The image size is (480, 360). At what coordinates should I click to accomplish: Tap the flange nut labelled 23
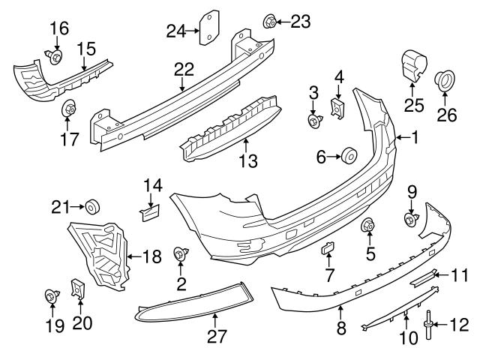click(x=270, y=20)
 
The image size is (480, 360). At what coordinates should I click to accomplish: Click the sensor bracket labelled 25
click(x=413, y=65)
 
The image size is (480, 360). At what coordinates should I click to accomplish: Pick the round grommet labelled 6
click(x=349, y=157)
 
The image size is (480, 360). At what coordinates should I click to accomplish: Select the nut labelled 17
click(x=68, y=109)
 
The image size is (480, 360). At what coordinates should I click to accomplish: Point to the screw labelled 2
click(x=181, y=255)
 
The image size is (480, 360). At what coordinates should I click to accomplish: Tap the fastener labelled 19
click(x=51, y=298)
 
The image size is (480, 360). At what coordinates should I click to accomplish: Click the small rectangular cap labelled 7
click(x=328, y=250)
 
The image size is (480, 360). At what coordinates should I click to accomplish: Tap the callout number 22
click(x=184, y=69)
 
